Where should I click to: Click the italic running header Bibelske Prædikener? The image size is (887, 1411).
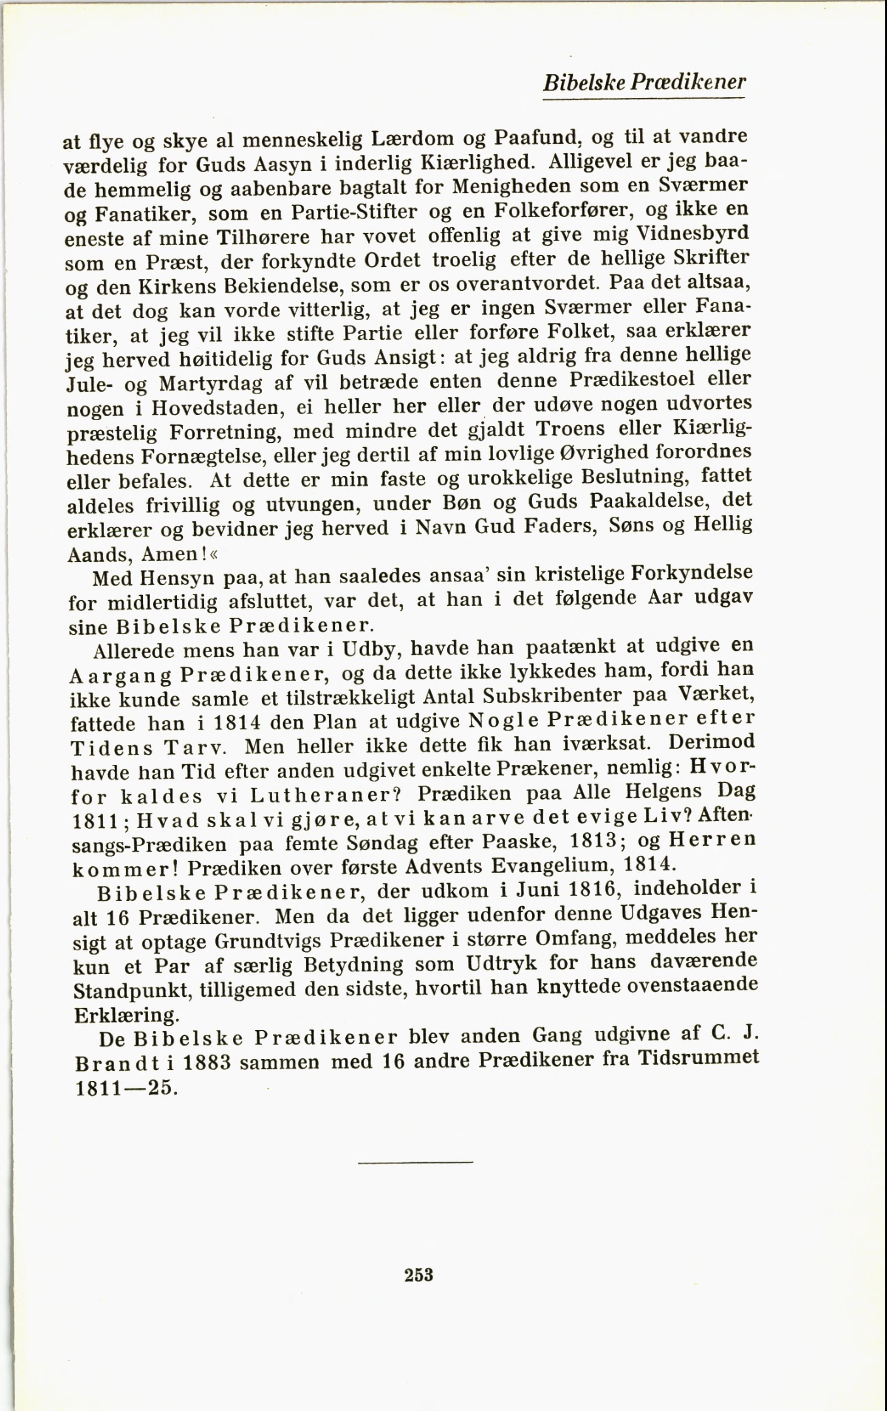pos(644,82)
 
